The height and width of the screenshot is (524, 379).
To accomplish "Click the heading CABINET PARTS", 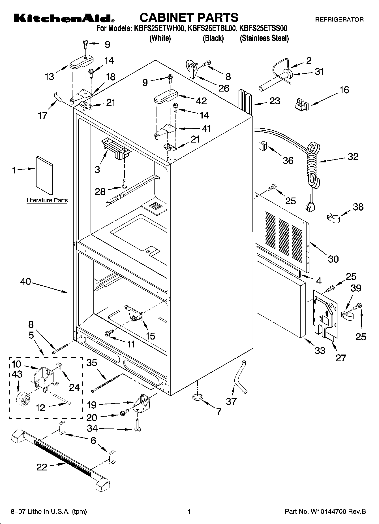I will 189,18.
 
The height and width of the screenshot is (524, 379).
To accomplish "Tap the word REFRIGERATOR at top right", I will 339,20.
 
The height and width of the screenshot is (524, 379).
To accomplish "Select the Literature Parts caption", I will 47,200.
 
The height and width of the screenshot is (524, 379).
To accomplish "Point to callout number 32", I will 353,157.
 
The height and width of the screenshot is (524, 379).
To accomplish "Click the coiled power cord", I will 313,164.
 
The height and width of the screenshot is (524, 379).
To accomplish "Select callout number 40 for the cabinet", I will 25,282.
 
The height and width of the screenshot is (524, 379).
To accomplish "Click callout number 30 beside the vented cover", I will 333,259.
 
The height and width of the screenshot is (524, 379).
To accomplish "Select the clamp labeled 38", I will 334,218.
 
